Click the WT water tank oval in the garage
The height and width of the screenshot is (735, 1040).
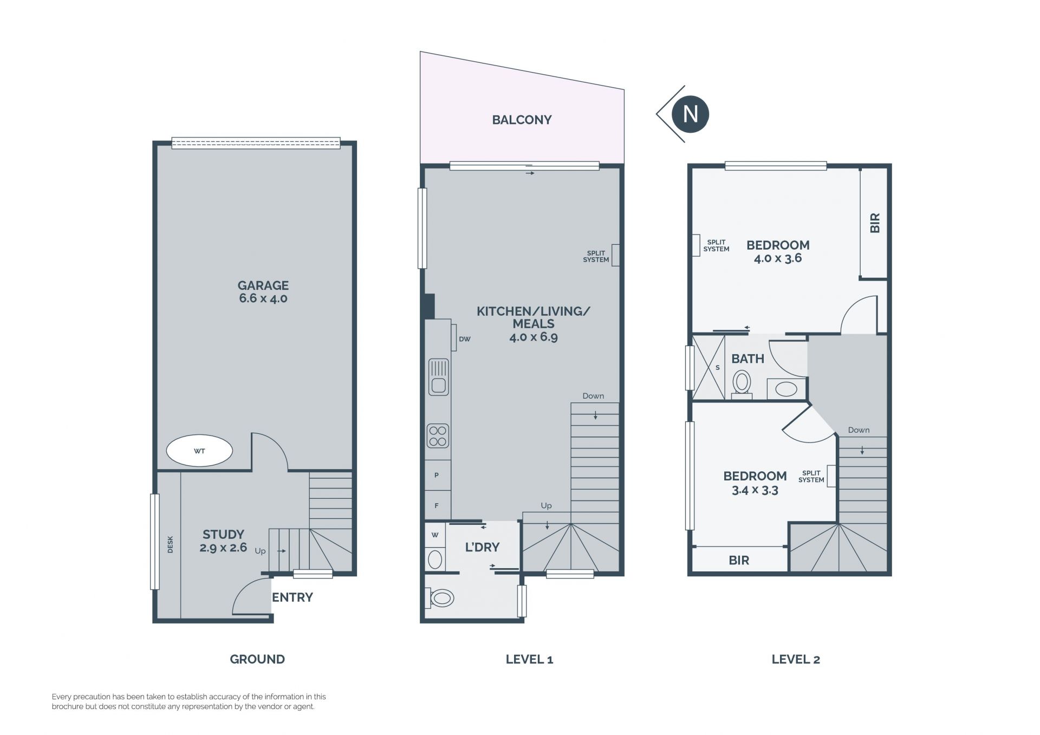pyautogui.click(x=199, y=451)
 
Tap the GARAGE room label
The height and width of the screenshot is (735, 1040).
pyautogui.click(x=263, y=285)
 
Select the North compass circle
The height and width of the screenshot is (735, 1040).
pyautogui.click(x=690, y=114)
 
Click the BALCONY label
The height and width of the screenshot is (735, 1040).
pyautogui.click(x=522, y=120)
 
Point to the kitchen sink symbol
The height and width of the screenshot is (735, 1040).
pyautogui.click(x=439, y=376)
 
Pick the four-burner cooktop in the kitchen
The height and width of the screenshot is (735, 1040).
pyautogui.click(x=438, y=436)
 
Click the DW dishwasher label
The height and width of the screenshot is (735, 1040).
pyautogui.click(x=465, y=339)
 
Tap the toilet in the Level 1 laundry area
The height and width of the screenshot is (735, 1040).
pyautogui.click(x=441, y=598)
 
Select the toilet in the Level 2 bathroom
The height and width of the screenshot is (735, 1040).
pyautogui.click(x=742, y=383)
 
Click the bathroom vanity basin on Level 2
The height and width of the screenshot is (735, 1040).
pyautogui.click(x=786, y=389)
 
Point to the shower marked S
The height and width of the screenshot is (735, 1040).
pyautogui.click(x=708, y=367)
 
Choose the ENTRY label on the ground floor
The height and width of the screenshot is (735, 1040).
pyautogui.click(x=292, y=597)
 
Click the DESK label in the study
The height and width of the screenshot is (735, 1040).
pyautogui.click(x=170, y=544)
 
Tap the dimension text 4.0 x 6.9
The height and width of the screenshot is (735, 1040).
pyautogui.click(x=534, y=337)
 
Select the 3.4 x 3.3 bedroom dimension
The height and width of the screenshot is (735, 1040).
pyautogui.click(x=755, y=490)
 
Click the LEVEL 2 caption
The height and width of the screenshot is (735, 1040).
pyautogui.click(x=796, y=659)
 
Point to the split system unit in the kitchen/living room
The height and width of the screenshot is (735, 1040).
pyautogui.click(x=615, y=255)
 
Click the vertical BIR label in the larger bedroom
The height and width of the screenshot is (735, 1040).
pyautogui.click(x=875, y=223)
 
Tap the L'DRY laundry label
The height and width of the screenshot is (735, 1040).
pyautogui.click(x=482, y=547)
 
